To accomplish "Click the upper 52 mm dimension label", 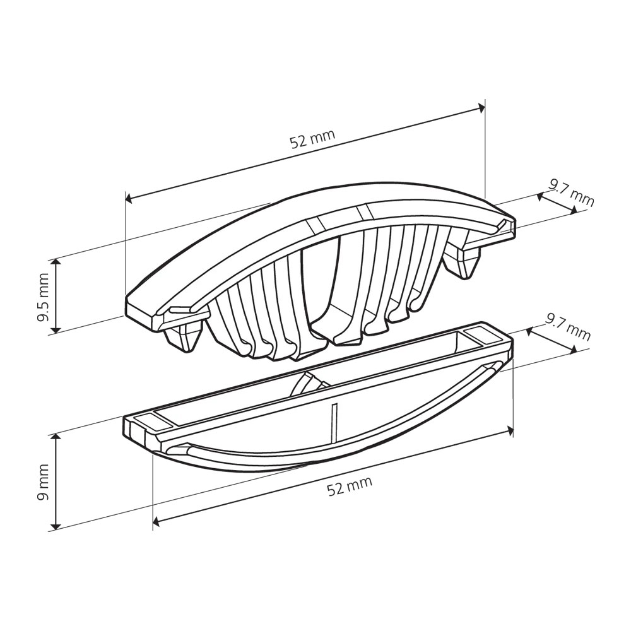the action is point(313,139).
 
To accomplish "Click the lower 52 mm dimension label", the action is point(350,486).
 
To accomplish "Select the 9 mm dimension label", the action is point(43,482).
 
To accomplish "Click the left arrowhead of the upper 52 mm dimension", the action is point(129,198).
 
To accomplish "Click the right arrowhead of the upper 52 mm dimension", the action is point(480,107).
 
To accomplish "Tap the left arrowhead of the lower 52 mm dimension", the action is point(157,522).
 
